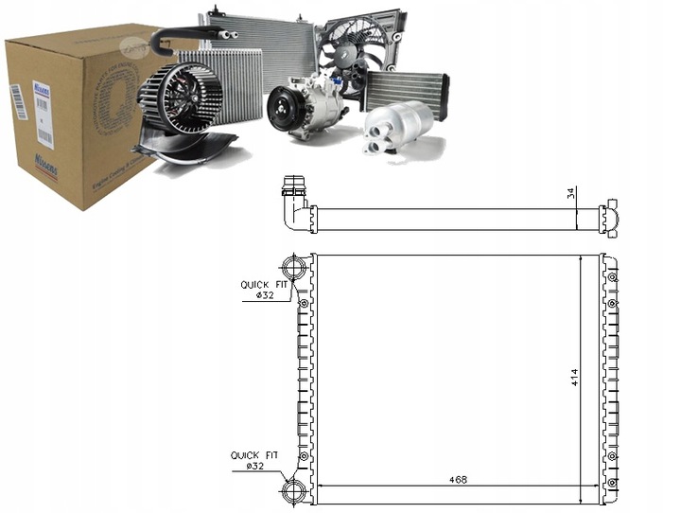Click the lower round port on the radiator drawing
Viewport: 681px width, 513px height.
[293, 489]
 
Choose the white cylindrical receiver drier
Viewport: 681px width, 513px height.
[398, 127]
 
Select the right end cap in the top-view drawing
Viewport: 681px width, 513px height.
[609, 219]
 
